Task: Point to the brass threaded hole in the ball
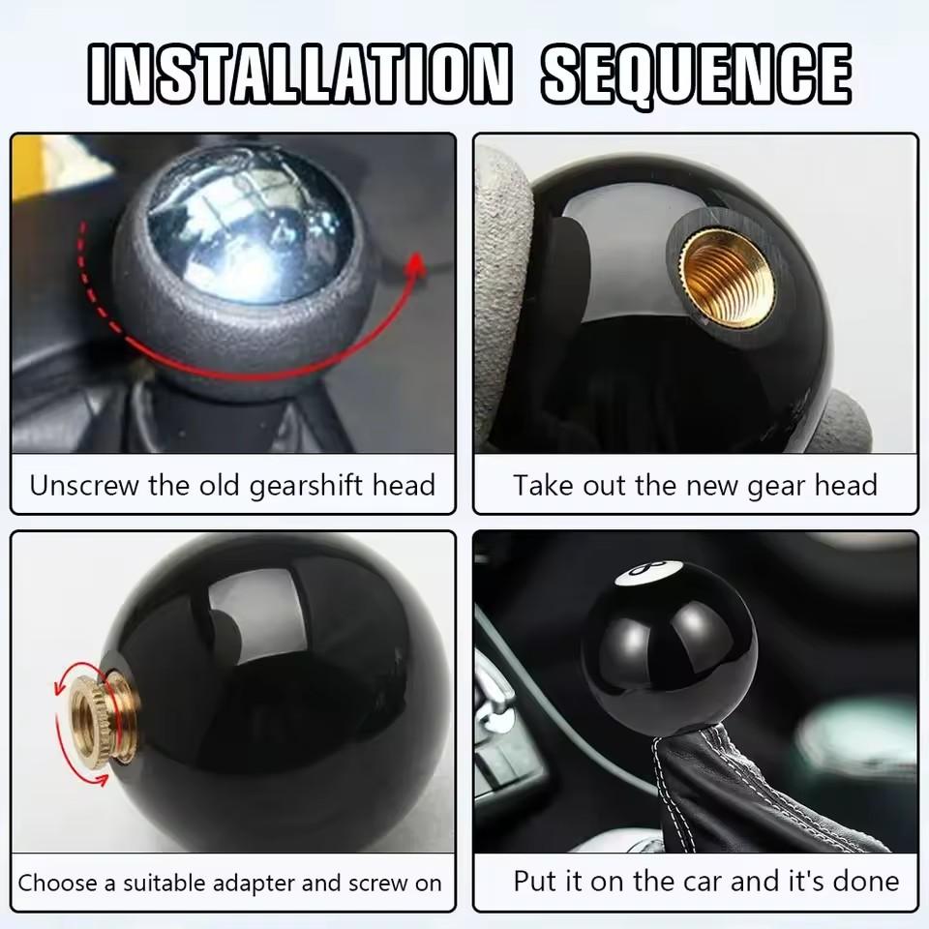point(727,279)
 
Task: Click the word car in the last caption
point(693,882)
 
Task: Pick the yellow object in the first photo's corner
point(28,168)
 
